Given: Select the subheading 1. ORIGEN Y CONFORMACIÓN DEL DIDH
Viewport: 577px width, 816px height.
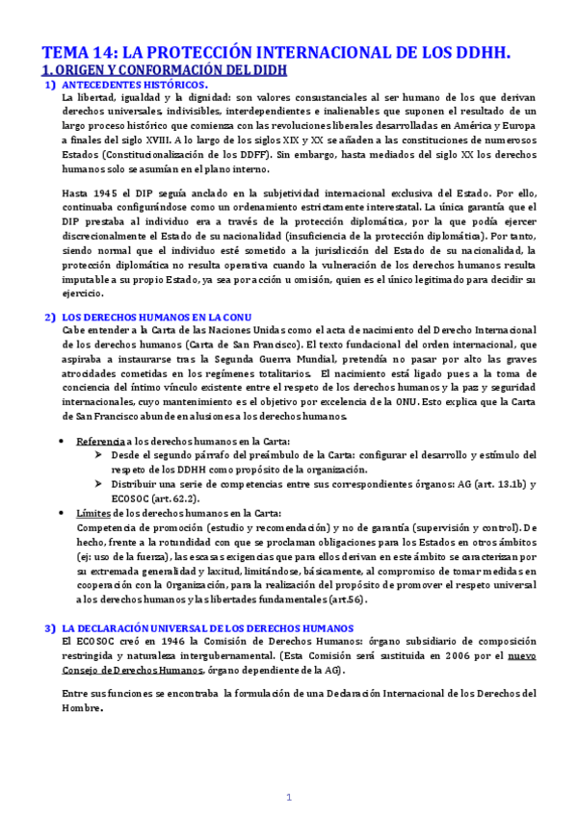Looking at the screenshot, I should tap(164, 71).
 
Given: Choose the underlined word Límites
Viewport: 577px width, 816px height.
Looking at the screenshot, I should tap(92, 513).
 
